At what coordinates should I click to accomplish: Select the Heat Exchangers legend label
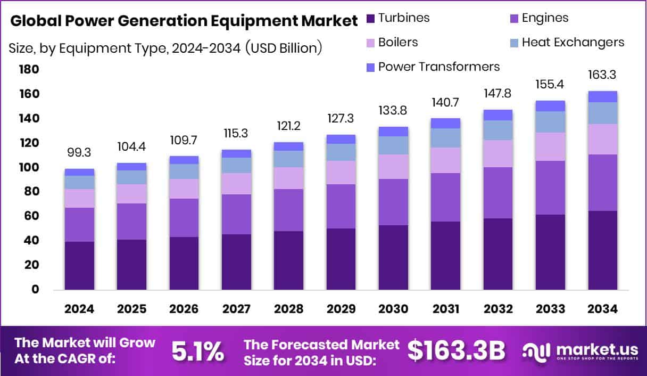[x=573, y=42]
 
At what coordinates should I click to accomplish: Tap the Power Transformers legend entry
[x=438, y=67]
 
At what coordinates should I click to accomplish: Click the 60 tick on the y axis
[x=31, y=216]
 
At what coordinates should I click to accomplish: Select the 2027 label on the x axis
[x=236, y=309]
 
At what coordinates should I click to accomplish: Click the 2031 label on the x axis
[x=445, y=309]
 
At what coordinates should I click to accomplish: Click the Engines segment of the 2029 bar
[x=341, y=206]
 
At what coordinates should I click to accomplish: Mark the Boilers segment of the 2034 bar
[x=602, y=139]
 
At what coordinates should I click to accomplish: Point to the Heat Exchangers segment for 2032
[x=497, y=130]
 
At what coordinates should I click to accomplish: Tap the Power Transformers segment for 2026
[x=184, y=160]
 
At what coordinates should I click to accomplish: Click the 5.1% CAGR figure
[x=197, y=351]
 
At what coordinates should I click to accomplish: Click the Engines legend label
[x=545, y=18]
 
